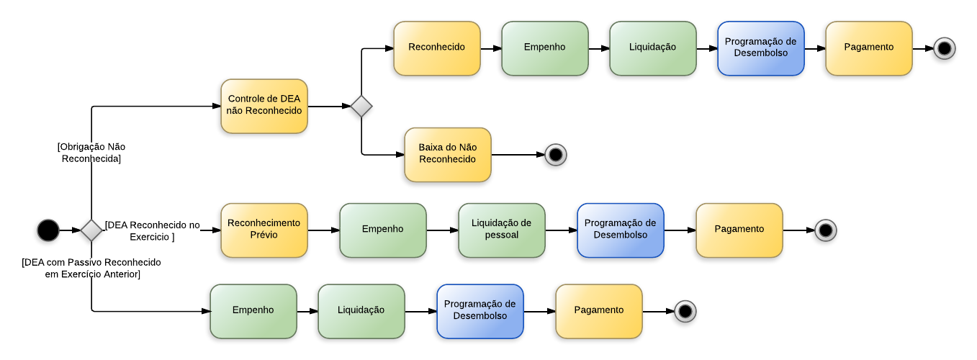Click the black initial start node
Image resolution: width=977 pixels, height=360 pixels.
tap(48, 230)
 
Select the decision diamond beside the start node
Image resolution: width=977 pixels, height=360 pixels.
tap(91, 230)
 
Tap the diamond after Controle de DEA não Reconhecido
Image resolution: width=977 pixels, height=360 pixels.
tap(361, 107)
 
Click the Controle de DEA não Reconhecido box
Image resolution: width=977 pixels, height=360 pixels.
tap(264, 106)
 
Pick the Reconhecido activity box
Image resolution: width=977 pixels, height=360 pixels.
tap(436, 48)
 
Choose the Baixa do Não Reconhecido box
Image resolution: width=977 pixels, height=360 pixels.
tap(447, 154)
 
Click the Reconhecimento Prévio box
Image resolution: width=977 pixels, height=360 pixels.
tap(264, 230)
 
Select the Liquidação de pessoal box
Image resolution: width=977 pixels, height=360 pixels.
tap(501, 230)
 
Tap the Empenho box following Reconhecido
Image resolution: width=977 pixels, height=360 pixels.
tap(544, 48)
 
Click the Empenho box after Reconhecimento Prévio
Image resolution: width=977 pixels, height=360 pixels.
tap(382, 230)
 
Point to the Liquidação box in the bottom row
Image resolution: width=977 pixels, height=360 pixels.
tap(361, 311)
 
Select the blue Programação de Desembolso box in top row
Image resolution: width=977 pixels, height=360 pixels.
tap(760, 48)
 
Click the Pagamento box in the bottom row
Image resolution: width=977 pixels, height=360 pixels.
tap(598, 311)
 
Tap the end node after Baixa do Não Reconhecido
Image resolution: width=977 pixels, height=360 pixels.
tap(555, 154)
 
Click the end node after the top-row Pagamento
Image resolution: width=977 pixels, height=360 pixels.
tap(944, 48)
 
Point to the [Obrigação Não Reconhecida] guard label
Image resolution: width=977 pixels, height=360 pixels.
tap(91, 153)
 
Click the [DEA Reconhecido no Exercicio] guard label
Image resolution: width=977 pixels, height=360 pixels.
tap(152, 230)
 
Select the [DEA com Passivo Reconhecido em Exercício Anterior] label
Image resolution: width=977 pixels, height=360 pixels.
tap(91, 268)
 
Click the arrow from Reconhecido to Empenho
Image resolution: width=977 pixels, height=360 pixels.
tap(490, 48)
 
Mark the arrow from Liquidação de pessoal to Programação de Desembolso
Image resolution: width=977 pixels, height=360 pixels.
tap(561, 230)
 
